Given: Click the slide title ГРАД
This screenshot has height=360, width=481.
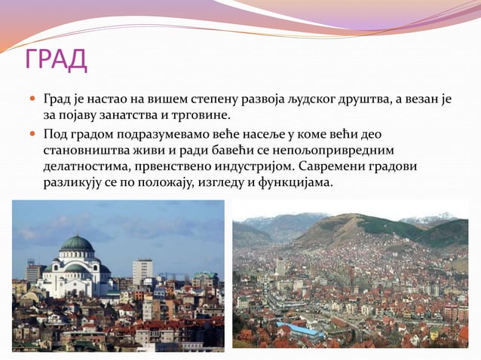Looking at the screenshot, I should [x=56, y=59].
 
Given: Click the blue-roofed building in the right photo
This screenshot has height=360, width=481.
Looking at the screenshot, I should [x=299, y=331].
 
